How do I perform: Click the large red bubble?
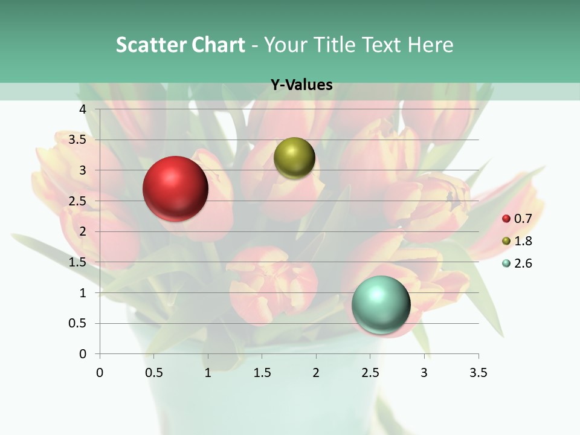click(x=176, y=188)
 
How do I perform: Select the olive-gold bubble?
click(x=294, y=158)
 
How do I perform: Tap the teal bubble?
click(x=381, y=304)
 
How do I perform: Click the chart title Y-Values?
click(x=301, y=85)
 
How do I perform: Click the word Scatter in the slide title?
click(x=150, y=45)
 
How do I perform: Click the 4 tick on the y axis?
click(x=83, y=109)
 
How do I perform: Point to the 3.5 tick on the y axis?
click(x=77, y=140)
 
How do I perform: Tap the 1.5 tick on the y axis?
click(x=77, y=262)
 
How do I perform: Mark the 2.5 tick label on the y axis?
click(x=77, y=201)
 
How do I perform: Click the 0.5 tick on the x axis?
click(x=153, y=373)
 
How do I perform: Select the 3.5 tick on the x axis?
click(x=478, y=373)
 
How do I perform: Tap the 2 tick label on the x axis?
click(x=316, y=373)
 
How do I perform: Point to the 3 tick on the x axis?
click(x=424, y=373)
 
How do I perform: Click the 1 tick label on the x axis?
click(x=208, y=373)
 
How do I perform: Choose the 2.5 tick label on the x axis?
click(x=370, y=373)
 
